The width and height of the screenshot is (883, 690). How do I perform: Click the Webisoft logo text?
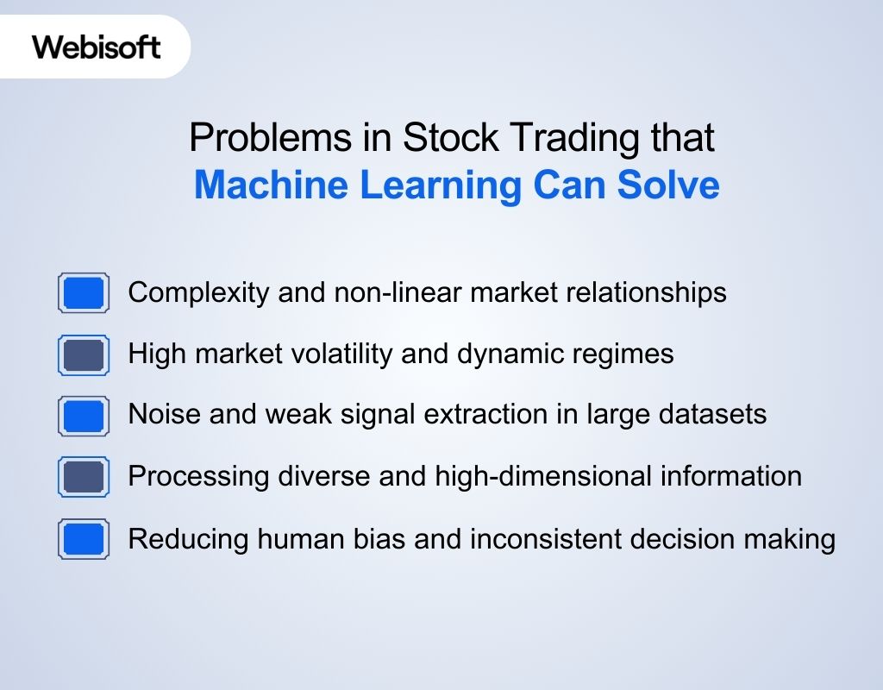(x=97, y=47)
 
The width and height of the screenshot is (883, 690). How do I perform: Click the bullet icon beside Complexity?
(x=84, y=293)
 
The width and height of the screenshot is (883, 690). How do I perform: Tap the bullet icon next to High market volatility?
(x=84, y=354)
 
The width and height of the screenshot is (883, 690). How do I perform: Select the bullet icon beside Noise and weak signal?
(x=84, y=416)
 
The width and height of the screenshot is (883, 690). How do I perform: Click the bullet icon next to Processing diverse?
(x=84, y=477)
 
